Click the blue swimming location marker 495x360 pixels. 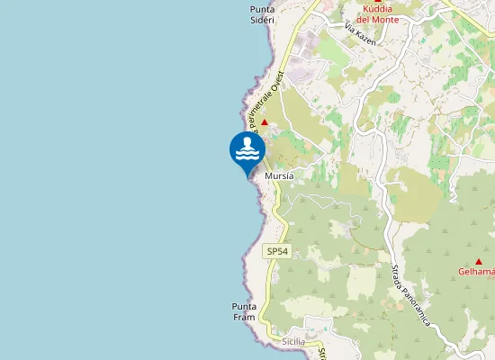(x=247, y=151)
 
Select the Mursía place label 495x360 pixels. (x=280, y=177)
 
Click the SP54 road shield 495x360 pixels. (x=277, y=252)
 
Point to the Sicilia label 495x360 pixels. (x=294, y=342)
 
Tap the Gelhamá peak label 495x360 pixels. (x=477, y=271)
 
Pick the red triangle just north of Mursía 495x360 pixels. (x=265, y=121)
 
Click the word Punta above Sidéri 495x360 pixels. (x=263, y=8)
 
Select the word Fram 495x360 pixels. (x=245, y=317)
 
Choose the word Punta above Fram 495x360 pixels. (x=245, y=306)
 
